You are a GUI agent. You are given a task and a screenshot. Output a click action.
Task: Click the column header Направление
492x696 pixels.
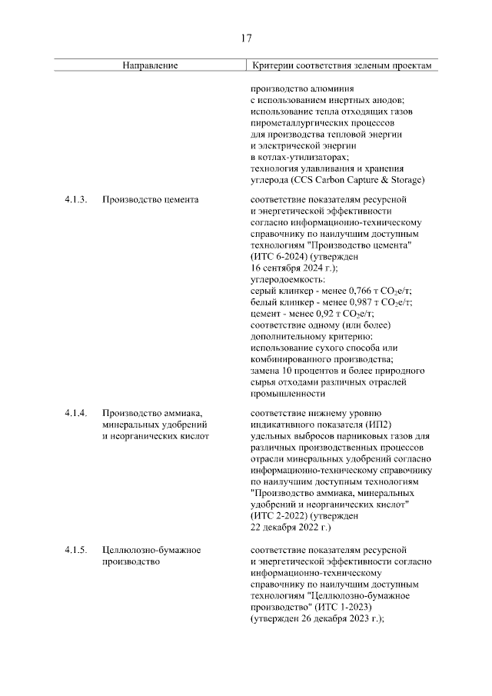pos(150,66)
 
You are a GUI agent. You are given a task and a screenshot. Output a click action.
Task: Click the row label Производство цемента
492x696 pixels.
pos(150,200)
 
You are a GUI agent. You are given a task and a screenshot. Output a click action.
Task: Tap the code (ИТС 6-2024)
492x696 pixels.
pos(279,257)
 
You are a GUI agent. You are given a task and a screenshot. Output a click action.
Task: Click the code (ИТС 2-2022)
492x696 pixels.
pos(279,515)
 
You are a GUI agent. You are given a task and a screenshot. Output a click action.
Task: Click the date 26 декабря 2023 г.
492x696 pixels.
pos(337,618)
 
